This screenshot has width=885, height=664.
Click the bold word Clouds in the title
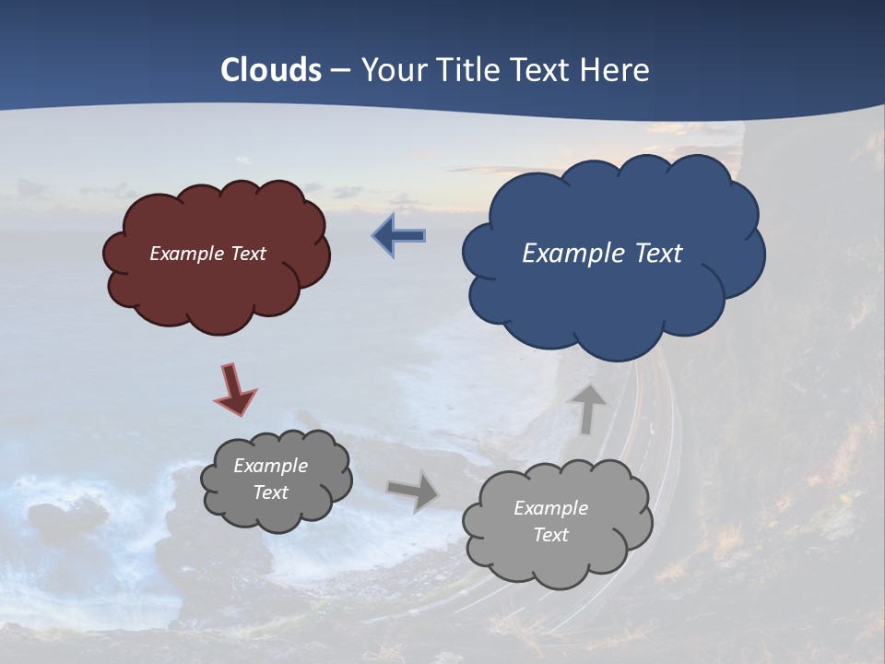[x=271, y=70]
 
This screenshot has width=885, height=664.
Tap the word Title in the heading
[x=468, y=70]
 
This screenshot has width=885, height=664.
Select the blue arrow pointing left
[x=398, y=235]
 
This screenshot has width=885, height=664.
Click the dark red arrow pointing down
[x=235, y=389]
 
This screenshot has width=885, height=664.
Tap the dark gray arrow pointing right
[x=412, y=492]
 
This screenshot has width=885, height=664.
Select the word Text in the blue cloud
[x=659, y=254]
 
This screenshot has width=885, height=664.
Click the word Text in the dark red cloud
[x=248, y=254]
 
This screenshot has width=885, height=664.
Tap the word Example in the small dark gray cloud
[x=270, y=466]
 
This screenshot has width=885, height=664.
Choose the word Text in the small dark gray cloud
[x=270, y=492]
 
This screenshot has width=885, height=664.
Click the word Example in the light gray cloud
[x=550, y=508]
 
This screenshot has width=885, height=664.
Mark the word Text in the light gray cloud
[x=550, y=535]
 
